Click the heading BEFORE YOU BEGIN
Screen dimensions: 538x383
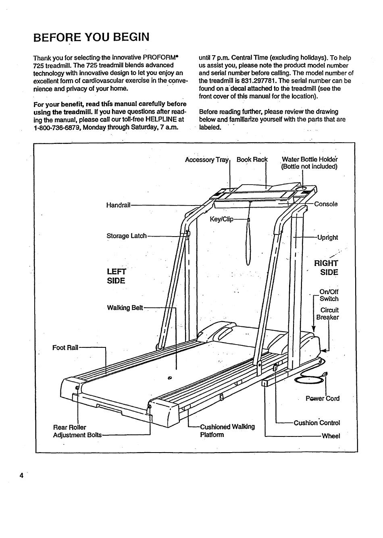pyautogui.click(x=92, y=37)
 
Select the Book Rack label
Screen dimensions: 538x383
pyautogui.click(x=252, y=160)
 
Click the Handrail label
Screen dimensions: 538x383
pyautogui.click(x=118, y=205)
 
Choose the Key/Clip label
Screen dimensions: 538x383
pyautogui.click(x=221, y=220)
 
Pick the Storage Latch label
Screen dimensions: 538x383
pyautogui.click(x=127, y=236)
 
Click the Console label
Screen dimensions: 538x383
pyautogui.click(x=326, y=204)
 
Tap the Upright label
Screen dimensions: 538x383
pyautogui.click(x=327, y=237)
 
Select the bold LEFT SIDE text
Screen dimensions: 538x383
pyautogui.click(x=116, y=276)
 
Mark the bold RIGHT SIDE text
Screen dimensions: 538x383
pyautogui.click(x=327, y=268)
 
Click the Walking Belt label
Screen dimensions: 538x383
pyautogui.click(x=125, y=308)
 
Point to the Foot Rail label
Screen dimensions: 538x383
pyautogui.click(x=66, y=347)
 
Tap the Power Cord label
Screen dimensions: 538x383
pyautogui.click(x=323, y=399)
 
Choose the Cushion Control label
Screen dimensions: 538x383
pyautogui.click(x=317, y=423)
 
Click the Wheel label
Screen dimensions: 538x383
pyautogui.click(x=331, y=436)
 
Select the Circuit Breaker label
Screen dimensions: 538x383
pyautogui.click(x=328, y=314)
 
